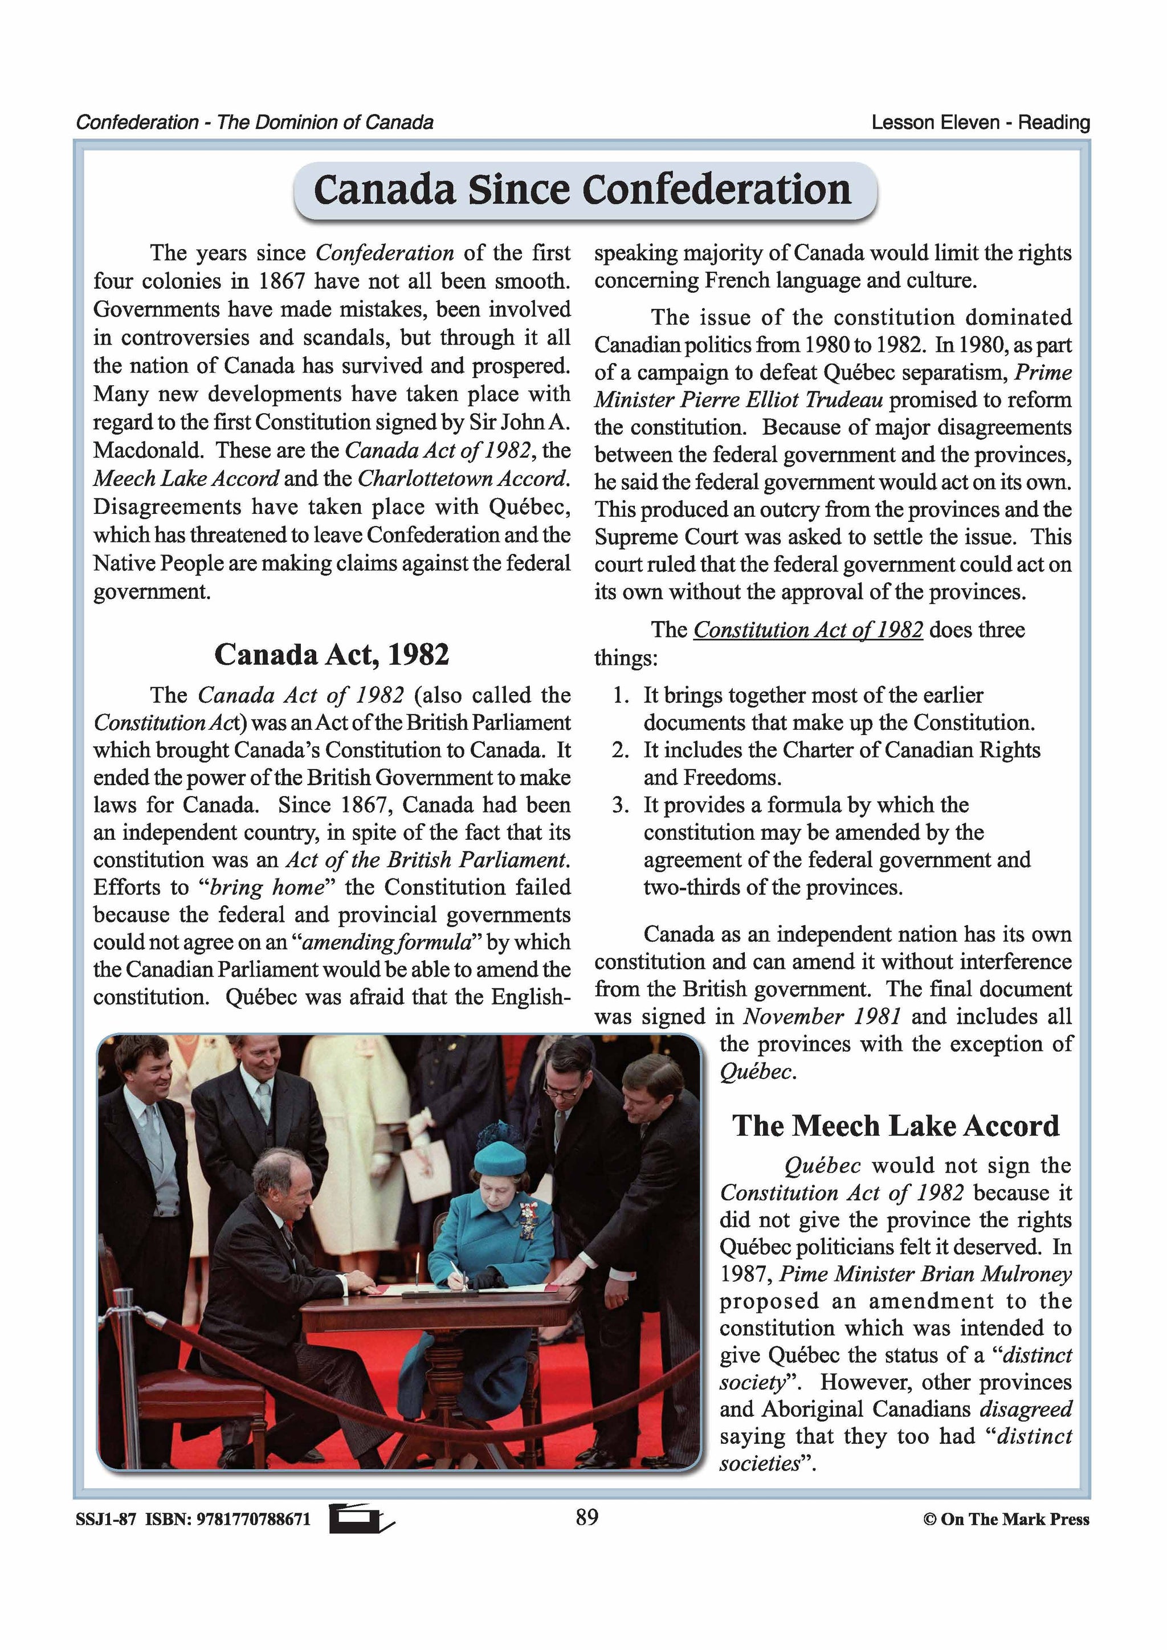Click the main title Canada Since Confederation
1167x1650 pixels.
(x=583, y=190)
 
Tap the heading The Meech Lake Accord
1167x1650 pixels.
(x=895, y=1125)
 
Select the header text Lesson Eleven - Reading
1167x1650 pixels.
(x=980, y=123)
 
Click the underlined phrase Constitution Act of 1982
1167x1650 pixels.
(x=807, y=630)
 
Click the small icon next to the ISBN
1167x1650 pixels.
(x=361, y=1518)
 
